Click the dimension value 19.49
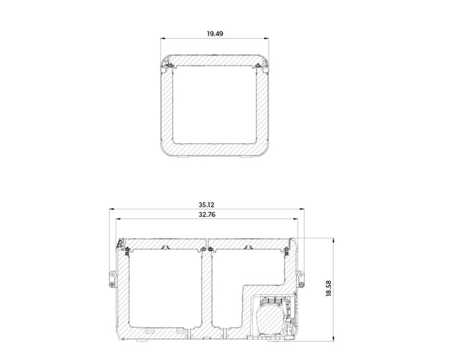click(x=215, y=33)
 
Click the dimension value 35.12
click(x=206, y=204)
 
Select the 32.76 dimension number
click(x=207, y=215)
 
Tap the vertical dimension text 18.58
click(x=328, y=288)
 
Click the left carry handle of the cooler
click(x=113, y=279)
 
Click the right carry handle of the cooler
click(x=300, y=279)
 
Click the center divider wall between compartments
click(x=206, y=289)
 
